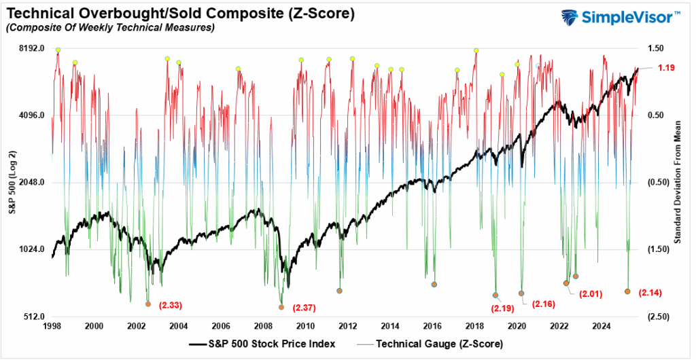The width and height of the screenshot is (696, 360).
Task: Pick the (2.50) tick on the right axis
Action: [x=656, y=317]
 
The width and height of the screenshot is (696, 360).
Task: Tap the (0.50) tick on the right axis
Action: [x=656, y=183]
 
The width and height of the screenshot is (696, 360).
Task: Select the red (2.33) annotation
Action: [x=170, y=305]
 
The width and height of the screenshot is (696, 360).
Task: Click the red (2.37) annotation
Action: [x=304, y=308]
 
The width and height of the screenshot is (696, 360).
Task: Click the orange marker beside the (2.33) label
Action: [x=147, y=304]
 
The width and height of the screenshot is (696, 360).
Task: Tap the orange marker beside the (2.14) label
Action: [x=627, y=291]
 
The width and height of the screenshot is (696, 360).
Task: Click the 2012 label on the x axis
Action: [x=348, y=326]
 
